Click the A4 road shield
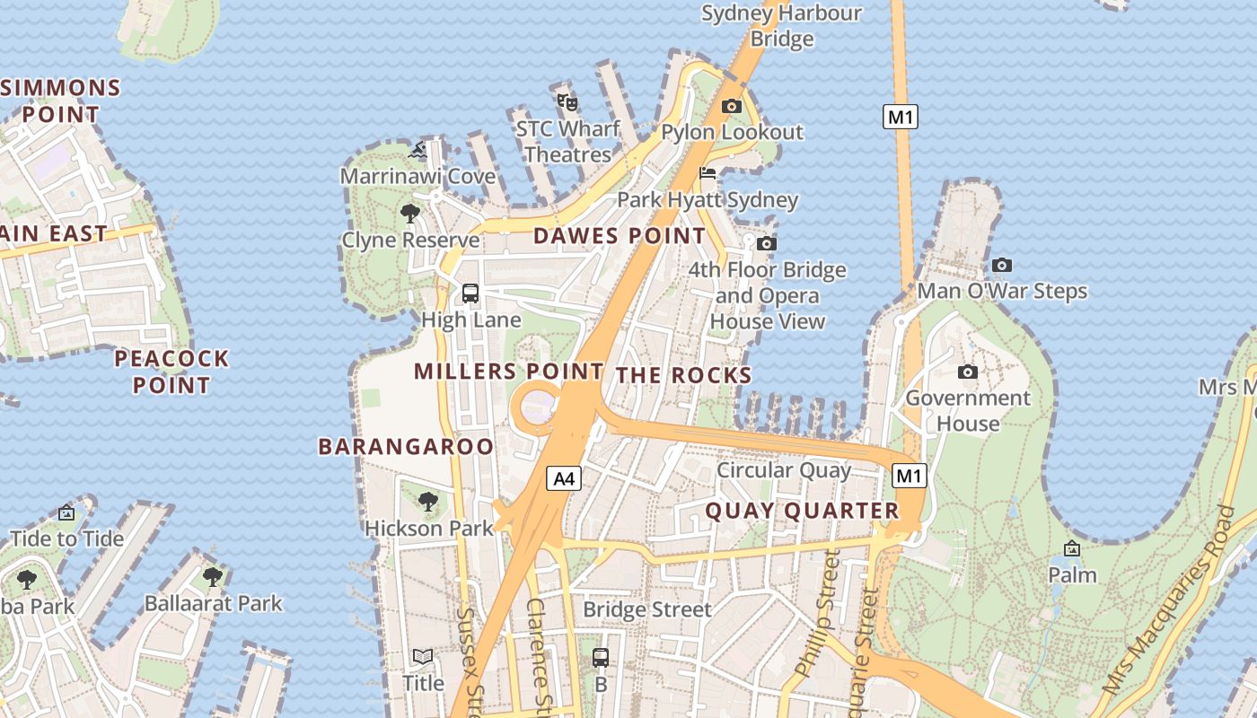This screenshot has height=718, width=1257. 564,479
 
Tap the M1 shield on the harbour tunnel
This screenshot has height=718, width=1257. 901,117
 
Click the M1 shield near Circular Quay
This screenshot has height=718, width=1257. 909,476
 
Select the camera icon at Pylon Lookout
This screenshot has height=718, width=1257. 732,106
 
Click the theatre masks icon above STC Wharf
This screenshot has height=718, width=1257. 567,101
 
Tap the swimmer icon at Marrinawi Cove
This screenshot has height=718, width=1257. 418,150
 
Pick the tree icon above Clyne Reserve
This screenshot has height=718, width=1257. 410,213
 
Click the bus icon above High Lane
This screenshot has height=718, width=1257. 470,293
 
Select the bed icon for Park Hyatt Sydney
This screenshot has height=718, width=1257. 708,173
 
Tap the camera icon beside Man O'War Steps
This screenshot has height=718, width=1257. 1002,265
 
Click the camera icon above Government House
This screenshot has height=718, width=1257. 967,372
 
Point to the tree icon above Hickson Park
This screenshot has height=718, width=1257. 428,501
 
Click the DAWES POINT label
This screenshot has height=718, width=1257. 620,236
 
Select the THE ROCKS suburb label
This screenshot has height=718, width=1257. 683,375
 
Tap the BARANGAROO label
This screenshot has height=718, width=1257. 406,446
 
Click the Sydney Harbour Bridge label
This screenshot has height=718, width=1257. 781,25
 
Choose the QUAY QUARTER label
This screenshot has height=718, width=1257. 802,511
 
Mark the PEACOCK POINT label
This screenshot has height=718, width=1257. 171,372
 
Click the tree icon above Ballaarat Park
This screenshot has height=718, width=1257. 213,576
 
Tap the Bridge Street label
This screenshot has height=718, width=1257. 646,609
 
